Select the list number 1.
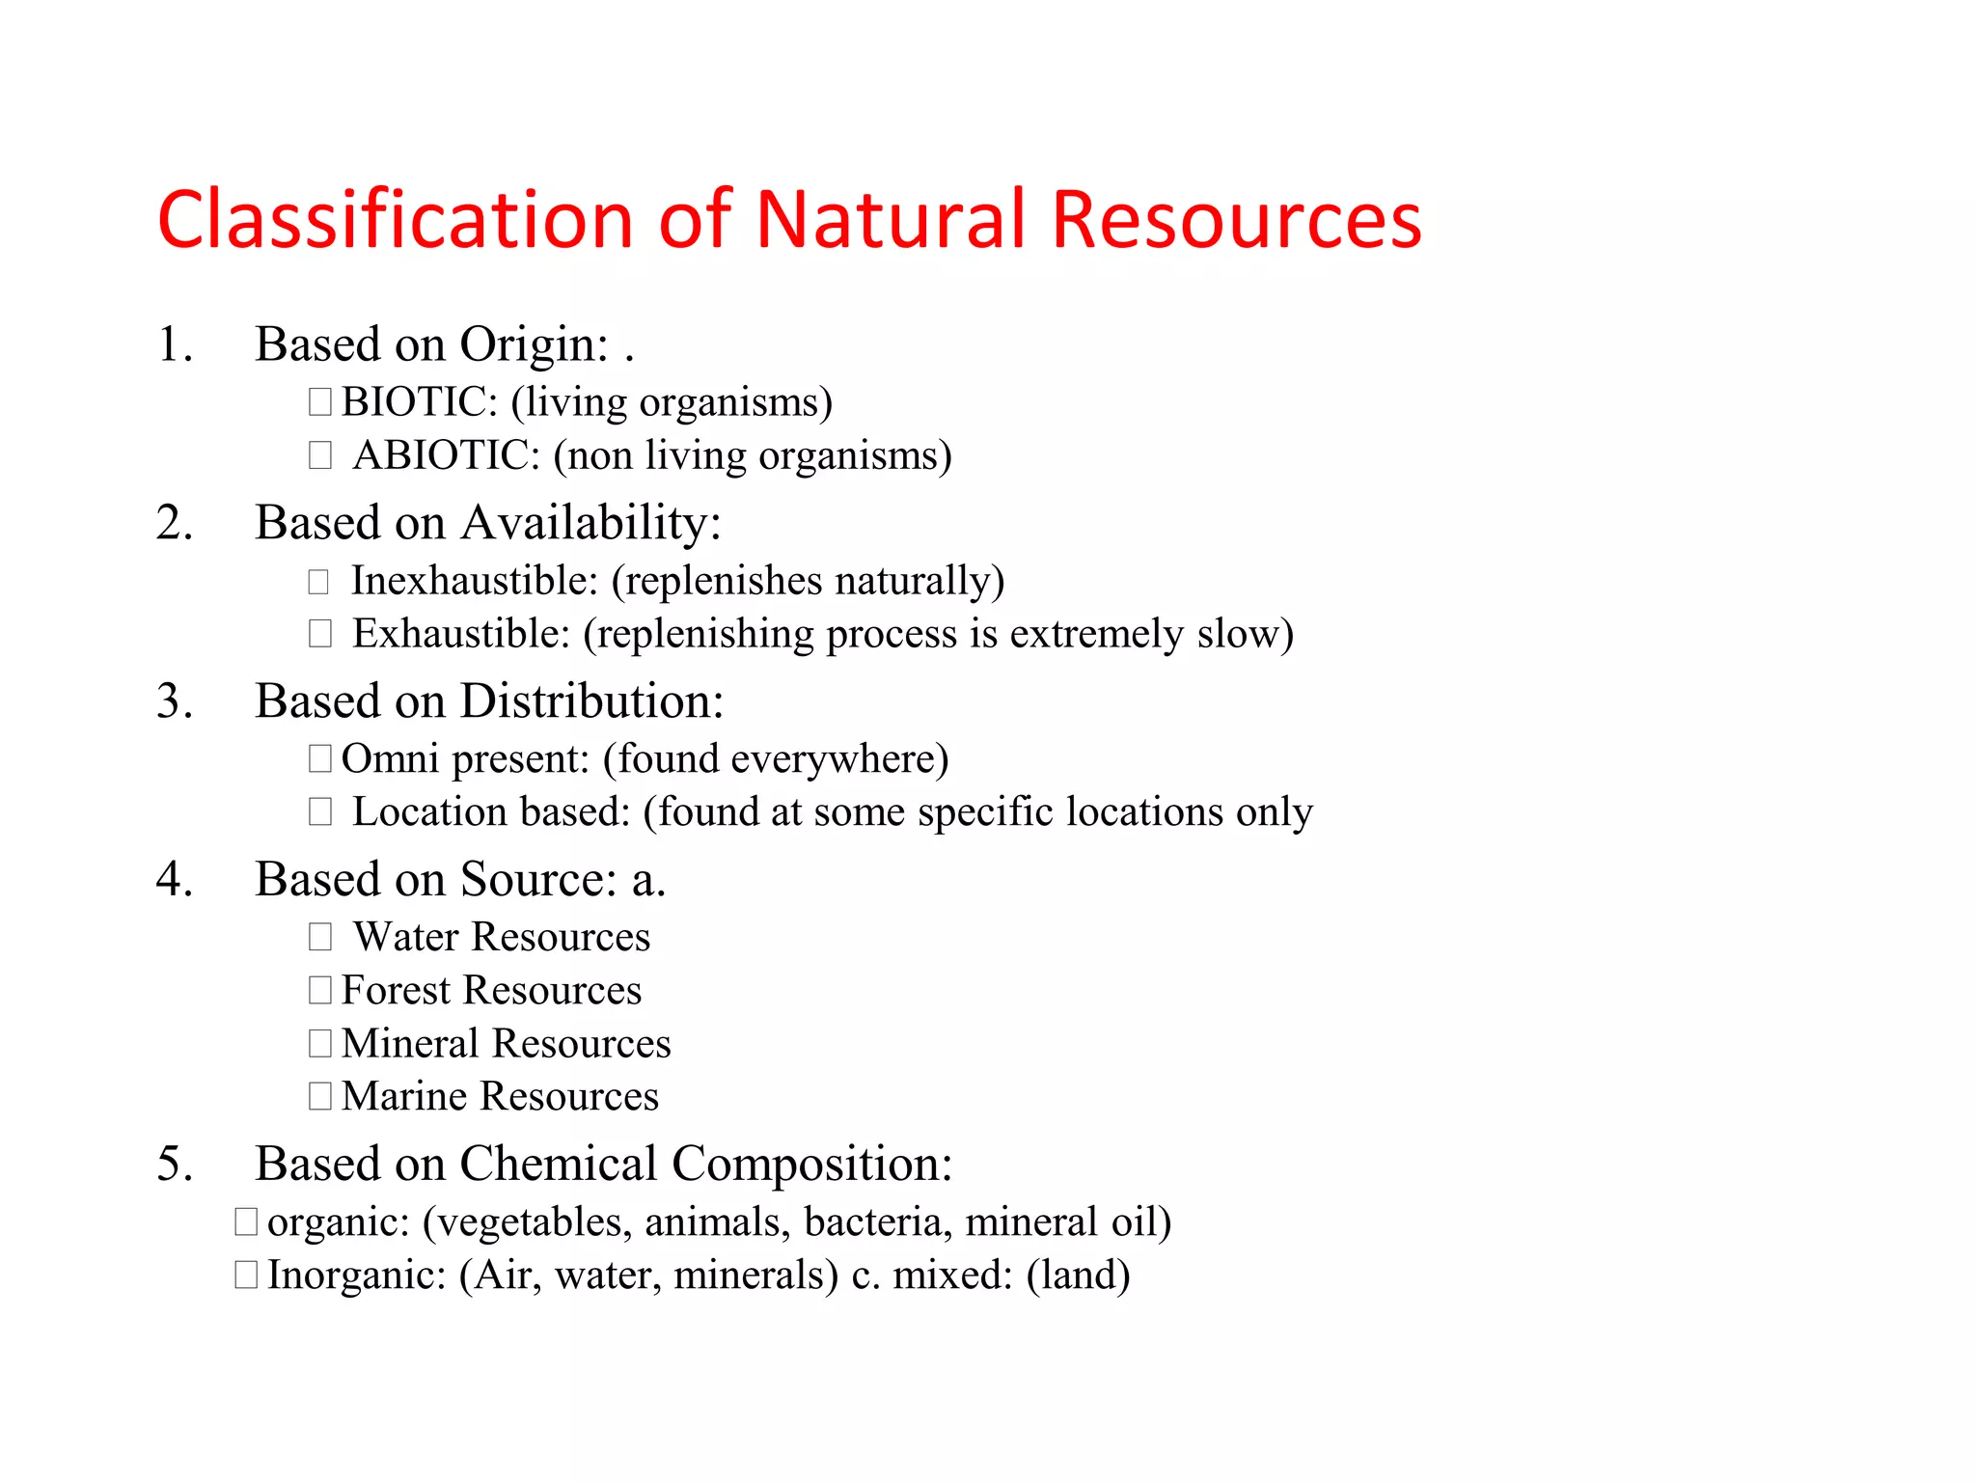coord(174,344)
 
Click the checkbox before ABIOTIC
coord(320,455)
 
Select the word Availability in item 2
coord(590,524)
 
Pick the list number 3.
coord(174,701)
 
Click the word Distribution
coord(591,701)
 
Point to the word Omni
coord(390,759)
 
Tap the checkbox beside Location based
coord(320,811)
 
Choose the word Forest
coord(396,991)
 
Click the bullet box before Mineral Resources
coord(320,1043)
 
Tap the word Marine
coord(404,1097)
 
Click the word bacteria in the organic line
coord(877,1222)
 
